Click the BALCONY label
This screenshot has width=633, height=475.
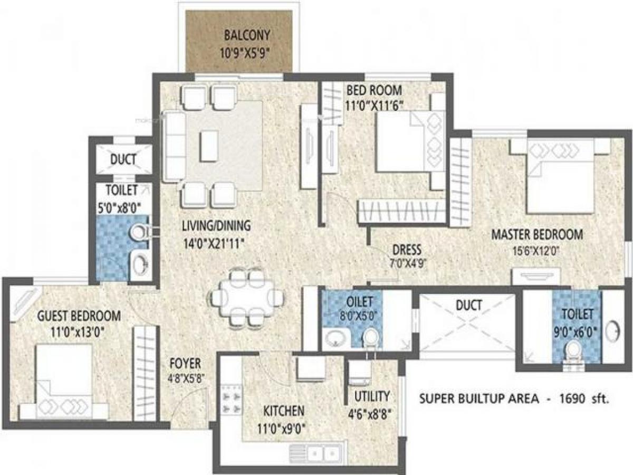[x=247, y=35]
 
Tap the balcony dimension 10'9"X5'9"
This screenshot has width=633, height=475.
[x=245, y=53]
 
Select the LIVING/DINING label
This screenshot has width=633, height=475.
[x=216, y=225]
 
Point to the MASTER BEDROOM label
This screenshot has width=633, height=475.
[x=537, y=234]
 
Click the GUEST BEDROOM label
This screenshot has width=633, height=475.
[x=79, y=316]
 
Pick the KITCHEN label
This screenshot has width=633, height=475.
[x=284, y=411]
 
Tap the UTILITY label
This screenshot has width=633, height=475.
[x=372, y=396]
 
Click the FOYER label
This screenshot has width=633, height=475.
[x=185, y=364]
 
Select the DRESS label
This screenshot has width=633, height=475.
[x=407, y=250]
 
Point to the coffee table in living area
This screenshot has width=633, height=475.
[x=209, y=146]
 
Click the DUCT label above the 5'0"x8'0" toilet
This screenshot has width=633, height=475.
[x=123, y=159]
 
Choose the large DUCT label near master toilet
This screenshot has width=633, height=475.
[x=469, y=306]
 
